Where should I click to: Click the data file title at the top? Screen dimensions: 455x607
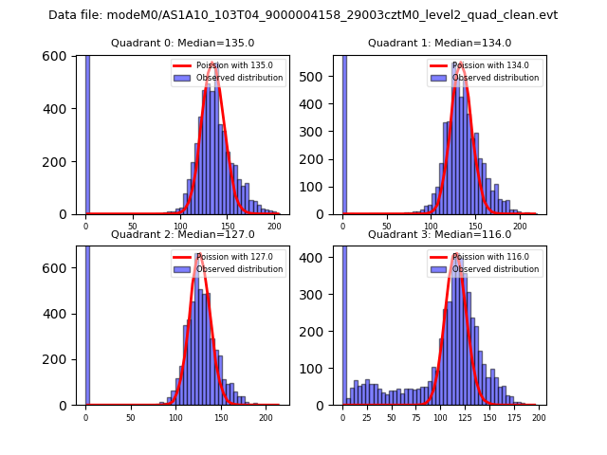point(303,15)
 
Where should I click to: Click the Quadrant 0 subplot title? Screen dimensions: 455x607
point(183,43)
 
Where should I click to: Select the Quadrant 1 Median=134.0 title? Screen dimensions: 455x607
point(439,43)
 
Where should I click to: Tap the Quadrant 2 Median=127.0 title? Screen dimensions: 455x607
point(183,234)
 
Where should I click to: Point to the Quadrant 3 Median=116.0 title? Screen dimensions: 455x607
point(439,234)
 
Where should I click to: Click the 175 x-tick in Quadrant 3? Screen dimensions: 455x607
point(514,416)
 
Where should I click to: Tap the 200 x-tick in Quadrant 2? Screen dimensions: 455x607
point(266,416)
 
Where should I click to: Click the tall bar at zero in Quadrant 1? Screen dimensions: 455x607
point(344,133)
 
